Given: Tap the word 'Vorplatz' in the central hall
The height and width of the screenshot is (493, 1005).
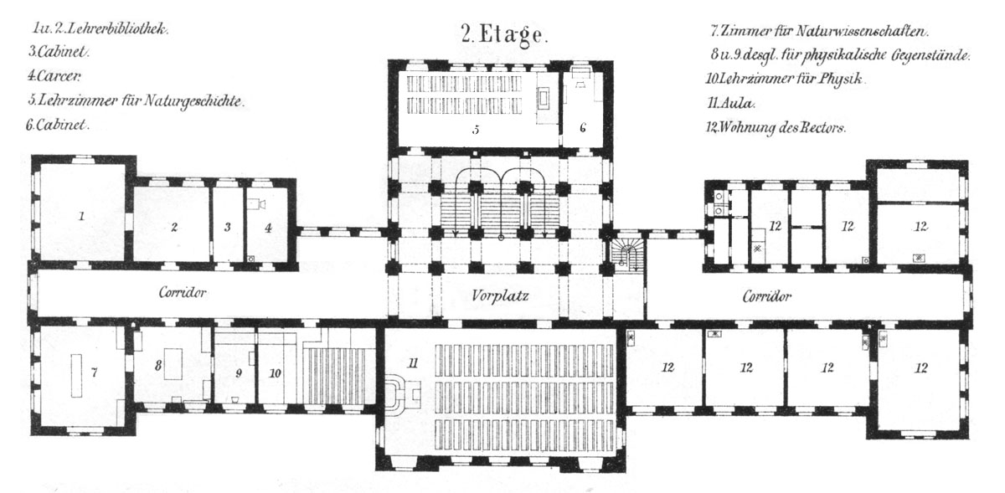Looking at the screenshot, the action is [500, 295].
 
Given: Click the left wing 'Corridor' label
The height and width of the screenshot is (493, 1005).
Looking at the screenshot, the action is [183, 292].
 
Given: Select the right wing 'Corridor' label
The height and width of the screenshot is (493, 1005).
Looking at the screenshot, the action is [767, 296].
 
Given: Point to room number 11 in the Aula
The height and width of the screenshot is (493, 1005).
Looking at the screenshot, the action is [413, 363].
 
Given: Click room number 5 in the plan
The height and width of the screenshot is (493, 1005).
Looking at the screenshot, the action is [476, 130].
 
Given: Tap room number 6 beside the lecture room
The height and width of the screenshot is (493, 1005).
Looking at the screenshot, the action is [582, 128].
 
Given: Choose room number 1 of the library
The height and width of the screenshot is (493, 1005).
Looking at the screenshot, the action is [81, 216].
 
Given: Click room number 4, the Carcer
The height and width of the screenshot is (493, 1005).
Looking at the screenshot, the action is [268, 228].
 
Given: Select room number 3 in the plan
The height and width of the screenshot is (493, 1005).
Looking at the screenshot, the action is [228, 227].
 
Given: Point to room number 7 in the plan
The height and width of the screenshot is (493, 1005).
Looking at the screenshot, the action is [94, 372].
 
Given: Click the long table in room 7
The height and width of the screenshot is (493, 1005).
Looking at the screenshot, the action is [76, 376].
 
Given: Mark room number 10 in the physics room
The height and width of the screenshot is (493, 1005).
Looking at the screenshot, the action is [275, 372].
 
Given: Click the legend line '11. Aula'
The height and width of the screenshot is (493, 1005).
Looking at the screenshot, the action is [731, 104].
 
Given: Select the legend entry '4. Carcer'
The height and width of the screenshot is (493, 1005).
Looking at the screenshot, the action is [54, 76].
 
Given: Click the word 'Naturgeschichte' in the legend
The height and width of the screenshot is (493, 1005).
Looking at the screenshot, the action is [193, 101].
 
